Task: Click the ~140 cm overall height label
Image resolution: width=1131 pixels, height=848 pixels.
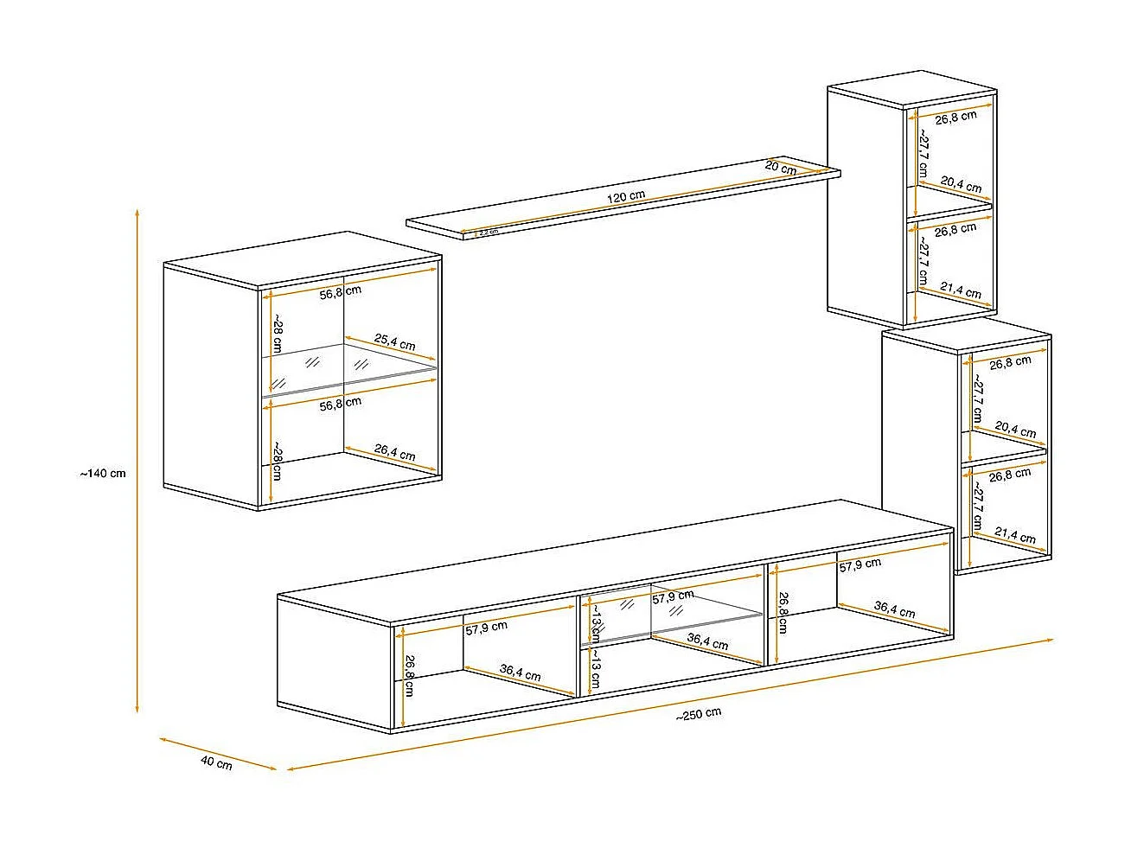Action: coord(103,474)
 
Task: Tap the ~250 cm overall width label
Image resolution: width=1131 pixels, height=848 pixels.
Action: coord(699,713)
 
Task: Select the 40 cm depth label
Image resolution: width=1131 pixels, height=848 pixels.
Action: coord(216,763)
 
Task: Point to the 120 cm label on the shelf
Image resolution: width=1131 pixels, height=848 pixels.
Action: coord(625,196)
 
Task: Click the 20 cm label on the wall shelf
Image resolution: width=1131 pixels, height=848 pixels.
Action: coord(781,168)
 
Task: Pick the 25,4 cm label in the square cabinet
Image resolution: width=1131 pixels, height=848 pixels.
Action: coord(394,343)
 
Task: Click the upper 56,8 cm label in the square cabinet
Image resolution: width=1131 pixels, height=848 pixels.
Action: coord(340,292)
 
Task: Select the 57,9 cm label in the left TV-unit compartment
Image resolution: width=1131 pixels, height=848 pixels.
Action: coord(486,627)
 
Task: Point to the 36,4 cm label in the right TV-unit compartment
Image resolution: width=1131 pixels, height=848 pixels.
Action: coord(894,610)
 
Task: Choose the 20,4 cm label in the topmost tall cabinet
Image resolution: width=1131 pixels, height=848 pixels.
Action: coord(961,184)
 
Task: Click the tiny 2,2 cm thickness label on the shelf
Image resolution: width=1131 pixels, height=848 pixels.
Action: coord(487,232)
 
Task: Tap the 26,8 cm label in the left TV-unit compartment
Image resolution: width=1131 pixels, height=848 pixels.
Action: coord(409,675)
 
